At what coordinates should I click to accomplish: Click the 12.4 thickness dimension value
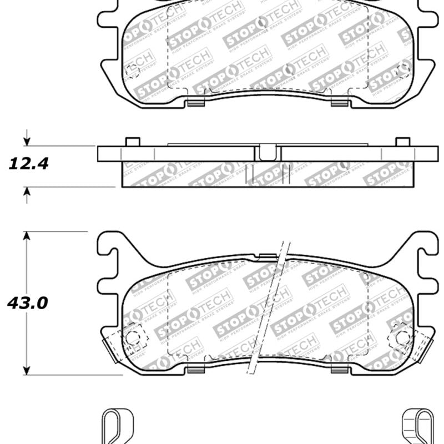(x=28, y=163)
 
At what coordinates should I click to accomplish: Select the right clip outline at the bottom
(x=417, y=428)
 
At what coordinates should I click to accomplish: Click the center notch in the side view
(x=268, y=152)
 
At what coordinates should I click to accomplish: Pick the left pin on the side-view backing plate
(x=132, y=142)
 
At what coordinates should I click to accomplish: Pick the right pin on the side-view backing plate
(x=402, y=142)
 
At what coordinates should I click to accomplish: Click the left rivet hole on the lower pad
(x=133, y=336)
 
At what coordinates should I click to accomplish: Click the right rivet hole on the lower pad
(x=402, y=336)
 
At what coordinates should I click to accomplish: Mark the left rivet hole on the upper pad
(x=133, y=70)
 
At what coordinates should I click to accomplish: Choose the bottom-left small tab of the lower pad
(x=196, y=370)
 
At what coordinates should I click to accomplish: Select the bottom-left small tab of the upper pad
(x=196, y=102)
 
